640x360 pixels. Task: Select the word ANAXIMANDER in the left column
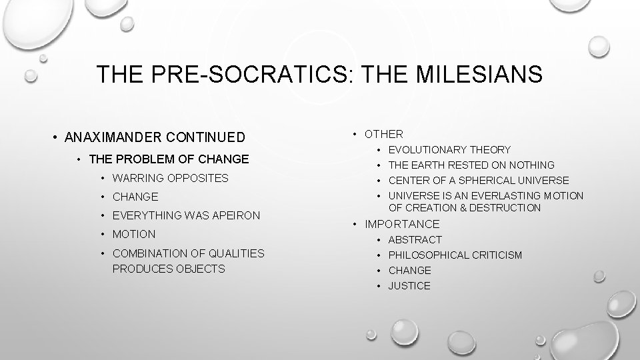[117, 138]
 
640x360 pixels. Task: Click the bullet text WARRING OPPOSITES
[171, 178]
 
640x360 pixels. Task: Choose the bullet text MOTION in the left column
[134, 234]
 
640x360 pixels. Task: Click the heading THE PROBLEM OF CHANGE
[168, 159]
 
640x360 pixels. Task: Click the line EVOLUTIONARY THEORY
[449, 150]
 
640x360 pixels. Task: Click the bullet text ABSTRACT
[415, 239]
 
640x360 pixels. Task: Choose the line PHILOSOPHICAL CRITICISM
[455, 255]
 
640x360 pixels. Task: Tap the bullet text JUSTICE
[409, 285]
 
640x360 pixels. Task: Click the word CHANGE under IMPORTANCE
[409, 270]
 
